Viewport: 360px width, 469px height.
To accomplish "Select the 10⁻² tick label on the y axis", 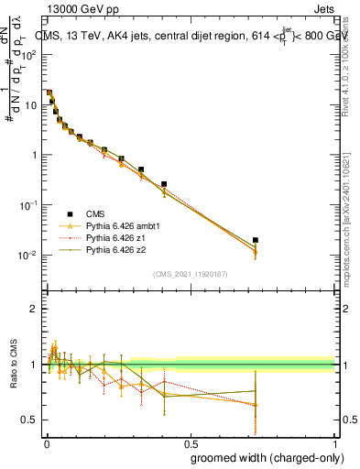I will point(27,256).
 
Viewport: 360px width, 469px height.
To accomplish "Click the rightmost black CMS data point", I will point(256,240).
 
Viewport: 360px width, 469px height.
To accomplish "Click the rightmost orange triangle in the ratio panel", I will point(256,404).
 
